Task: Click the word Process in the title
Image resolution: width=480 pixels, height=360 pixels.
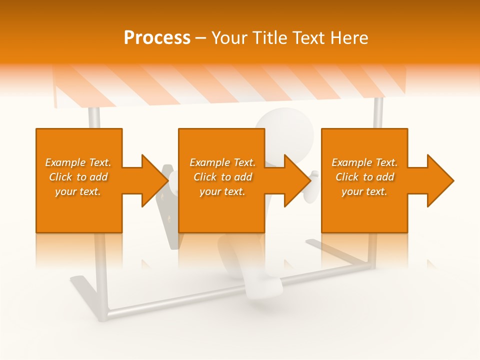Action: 157,38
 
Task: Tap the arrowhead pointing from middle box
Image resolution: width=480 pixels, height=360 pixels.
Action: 297,180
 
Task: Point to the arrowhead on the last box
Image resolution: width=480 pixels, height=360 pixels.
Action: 439,180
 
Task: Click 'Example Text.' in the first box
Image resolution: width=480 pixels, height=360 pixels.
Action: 78,162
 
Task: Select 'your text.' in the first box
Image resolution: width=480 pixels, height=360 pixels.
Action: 78,191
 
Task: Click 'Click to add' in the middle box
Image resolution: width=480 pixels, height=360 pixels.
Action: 222,177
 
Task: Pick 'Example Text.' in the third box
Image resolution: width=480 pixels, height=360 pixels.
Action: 364,162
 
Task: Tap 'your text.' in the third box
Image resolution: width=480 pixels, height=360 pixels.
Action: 364,191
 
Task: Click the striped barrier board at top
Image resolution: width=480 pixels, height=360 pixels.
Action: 230,85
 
